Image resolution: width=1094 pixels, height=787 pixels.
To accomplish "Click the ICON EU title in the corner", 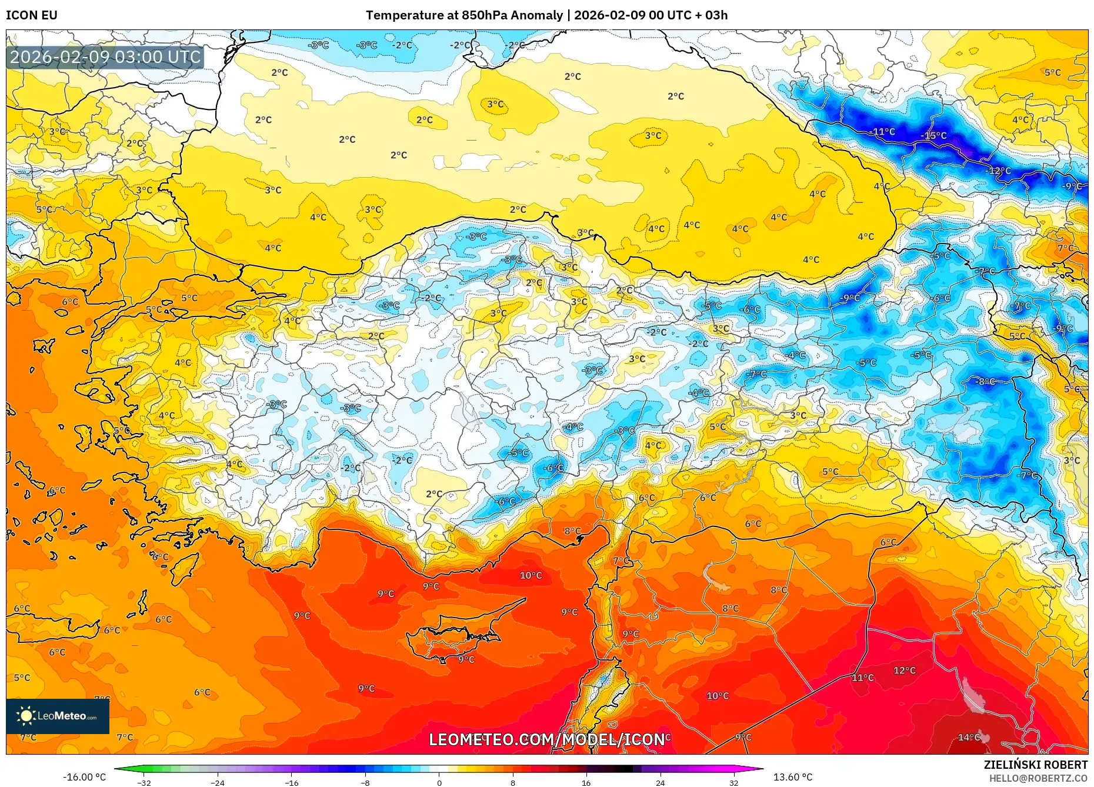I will tap(32, 15).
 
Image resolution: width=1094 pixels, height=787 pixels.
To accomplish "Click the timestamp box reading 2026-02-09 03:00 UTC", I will tap(105, 57).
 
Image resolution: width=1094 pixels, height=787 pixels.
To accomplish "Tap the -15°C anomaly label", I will tap(933, 136).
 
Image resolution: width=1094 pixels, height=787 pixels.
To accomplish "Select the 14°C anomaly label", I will tap(969, 737).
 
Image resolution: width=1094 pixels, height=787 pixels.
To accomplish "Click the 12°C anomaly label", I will tap(904, 671).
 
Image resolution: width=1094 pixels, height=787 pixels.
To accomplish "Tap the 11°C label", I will tap(863, 678).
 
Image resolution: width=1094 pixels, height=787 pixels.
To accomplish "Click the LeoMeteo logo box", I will tap(58, 716).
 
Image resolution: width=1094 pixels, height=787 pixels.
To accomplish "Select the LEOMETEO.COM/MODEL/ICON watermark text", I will tap(546, 739).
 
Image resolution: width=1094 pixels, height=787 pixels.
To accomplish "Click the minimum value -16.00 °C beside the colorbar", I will tap(85, 777).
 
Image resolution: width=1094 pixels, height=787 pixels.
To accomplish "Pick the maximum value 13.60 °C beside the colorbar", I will tap(792, 777).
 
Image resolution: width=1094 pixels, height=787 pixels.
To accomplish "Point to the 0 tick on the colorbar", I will tap(439, 783).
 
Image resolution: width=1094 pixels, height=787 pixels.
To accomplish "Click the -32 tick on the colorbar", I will tap(144, 783).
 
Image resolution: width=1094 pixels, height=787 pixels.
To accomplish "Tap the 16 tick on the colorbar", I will tap(586, 783).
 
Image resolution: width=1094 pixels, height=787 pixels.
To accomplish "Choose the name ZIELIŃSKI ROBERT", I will tap(1035, 765).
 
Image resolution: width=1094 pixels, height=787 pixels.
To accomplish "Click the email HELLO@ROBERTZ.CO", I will tap(1038, 778).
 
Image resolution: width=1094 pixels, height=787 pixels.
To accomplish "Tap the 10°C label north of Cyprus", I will tap(531, 575).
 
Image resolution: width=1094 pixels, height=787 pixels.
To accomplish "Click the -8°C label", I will tap(985, 382).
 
